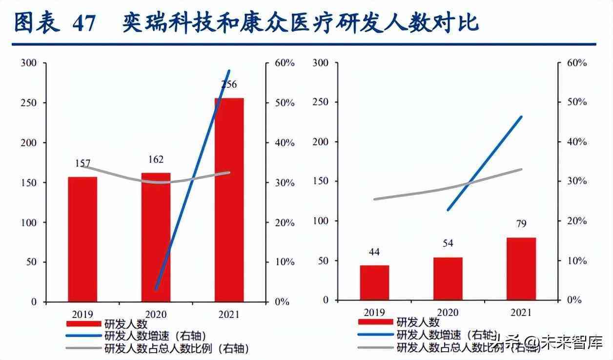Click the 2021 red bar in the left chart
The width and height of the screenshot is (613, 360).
[229, 200]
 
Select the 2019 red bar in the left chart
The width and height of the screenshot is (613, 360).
[82, 239]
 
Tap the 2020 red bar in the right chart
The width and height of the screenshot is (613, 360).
[448, 279]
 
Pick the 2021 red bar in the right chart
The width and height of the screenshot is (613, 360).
[521, 269]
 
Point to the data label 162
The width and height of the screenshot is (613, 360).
[156, 159]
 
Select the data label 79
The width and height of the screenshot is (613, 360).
[521, 224]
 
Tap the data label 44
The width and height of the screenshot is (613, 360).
[374, 252]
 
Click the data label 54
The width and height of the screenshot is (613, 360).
[448, 243]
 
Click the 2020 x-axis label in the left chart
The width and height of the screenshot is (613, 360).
[156, 315]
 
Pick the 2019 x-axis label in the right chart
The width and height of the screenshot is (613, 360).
[374, 312]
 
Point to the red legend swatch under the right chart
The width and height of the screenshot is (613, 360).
[375, 322]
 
